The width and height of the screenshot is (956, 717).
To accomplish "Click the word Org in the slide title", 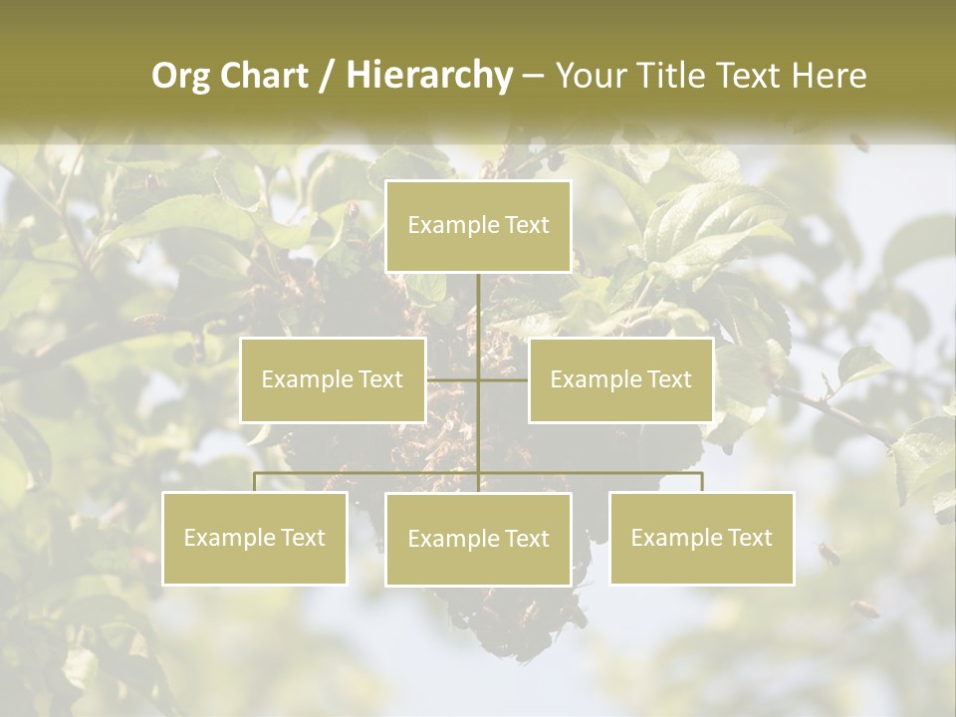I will coord(180,76).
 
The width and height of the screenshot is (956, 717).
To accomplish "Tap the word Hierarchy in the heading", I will coord(428,76).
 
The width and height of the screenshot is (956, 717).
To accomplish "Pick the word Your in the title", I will coord(587,76).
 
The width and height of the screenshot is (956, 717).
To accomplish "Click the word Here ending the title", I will coord(829,76).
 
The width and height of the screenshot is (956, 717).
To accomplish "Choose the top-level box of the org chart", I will coord(478,226).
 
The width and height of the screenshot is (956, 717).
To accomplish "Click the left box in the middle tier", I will coord(333,379).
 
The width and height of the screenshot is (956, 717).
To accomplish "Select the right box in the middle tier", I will coord(620,379).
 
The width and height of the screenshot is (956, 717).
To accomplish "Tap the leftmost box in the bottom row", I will coord(255,538).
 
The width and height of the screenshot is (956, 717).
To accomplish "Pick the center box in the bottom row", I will coord(478,539).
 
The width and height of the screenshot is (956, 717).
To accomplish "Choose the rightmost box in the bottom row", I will coord(701,538).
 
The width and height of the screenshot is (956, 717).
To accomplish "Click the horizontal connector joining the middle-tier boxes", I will coord(478,379).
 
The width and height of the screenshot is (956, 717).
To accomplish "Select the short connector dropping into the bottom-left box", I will coord(255,482).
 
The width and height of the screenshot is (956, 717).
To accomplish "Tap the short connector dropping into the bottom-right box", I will coord(701,482).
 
